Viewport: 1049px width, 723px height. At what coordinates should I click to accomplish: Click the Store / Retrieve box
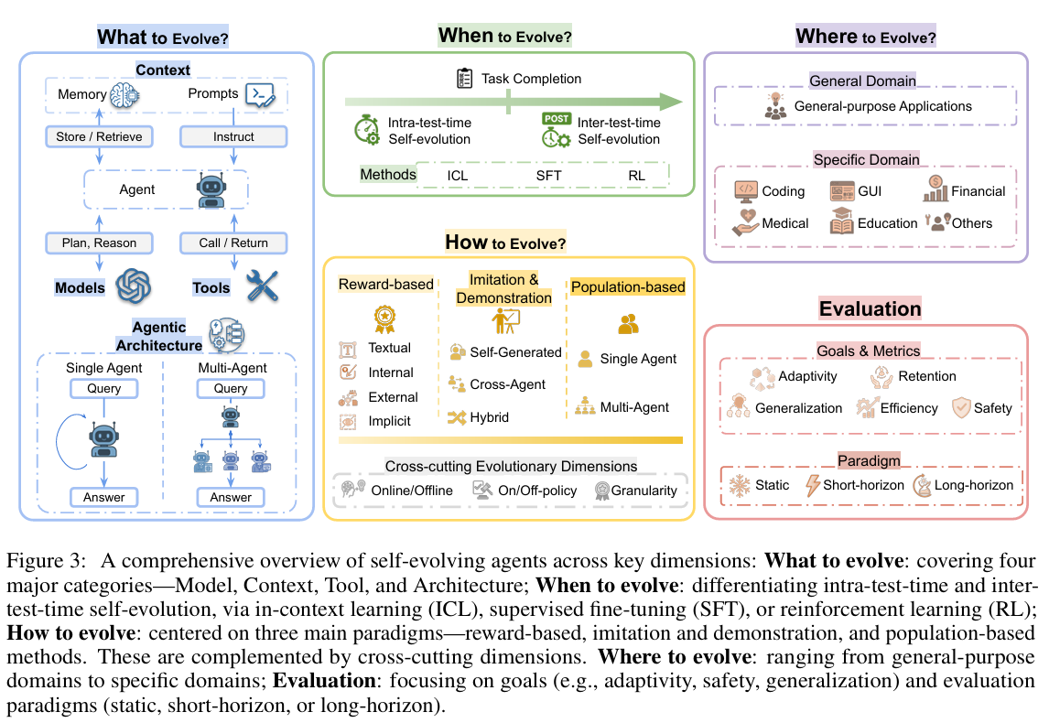(x=100, y=136)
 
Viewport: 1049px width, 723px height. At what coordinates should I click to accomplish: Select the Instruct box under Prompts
(x=233, y=136)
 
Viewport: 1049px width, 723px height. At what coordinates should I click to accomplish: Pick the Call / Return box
(x=233, y=243)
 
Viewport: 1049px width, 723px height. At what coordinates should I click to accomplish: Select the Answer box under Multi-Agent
(x=231, y=497)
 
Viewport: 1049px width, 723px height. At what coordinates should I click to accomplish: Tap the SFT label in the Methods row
(x=549, y=175)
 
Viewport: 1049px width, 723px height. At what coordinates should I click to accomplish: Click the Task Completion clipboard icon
(x=465, y=78)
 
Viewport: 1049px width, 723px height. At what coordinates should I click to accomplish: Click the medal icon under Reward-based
(x=384, y=318)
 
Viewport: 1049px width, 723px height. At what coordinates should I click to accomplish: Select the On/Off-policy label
(x=537, y=491)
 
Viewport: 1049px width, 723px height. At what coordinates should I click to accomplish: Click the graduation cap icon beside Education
(x=841, y=222)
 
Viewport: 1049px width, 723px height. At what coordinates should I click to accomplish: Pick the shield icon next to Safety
(x=959, y=407)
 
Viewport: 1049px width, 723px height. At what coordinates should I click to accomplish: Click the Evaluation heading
(x=871, y=308)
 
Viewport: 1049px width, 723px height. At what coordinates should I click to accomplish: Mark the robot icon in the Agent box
(x=210, y=190)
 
